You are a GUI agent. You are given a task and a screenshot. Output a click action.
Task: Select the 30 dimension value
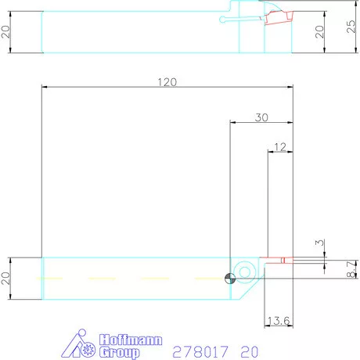(x=261, y=117)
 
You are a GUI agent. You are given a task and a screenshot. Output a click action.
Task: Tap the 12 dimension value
(x=279, y=146)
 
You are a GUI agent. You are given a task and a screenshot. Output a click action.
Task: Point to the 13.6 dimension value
(x=279, y=321)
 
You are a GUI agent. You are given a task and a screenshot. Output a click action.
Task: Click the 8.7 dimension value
(x=351, y=271)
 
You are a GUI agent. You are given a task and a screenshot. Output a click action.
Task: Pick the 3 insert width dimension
(x=318, y=243)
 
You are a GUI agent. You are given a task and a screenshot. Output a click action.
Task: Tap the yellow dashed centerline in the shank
(x=133, y=278)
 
